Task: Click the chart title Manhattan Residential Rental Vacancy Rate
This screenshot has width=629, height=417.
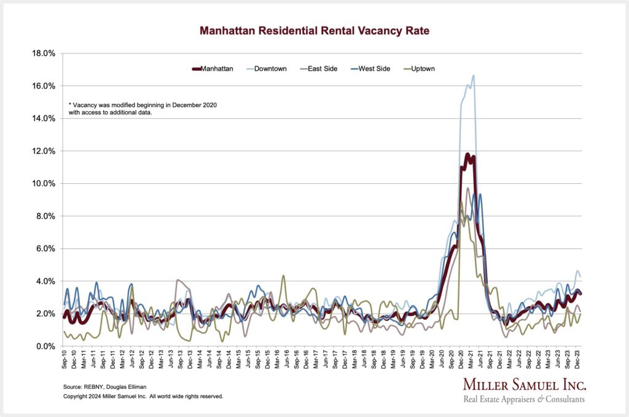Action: [x=314, y=30]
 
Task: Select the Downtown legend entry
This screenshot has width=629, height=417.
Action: [x=270, y=69]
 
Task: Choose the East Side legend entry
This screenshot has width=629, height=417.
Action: [x=321, y=69]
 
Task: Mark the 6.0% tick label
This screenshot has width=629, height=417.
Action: [x=44, y=249]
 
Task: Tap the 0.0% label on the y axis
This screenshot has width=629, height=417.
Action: [x=44, y=347]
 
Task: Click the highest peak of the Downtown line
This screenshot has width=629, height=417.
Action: [x=474, y=76]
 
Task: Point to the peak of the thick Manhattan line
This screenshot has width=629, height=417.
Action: [x=468, y=154]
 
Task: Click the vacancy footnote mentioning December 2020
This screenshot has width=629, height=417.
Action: [x=143, y=109]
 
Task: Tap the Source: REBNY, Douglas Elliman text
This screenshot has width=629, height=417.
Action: [x=105, y=386]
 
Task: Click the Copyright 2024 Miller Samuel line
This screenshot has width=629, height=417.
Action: [x=143, y=397]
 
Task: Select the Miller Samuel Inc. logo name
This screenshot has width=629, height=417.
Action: [x=524, y=386]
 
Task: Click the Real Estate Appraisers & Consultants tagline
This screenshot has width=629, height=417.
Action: [x=524, y=400]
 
